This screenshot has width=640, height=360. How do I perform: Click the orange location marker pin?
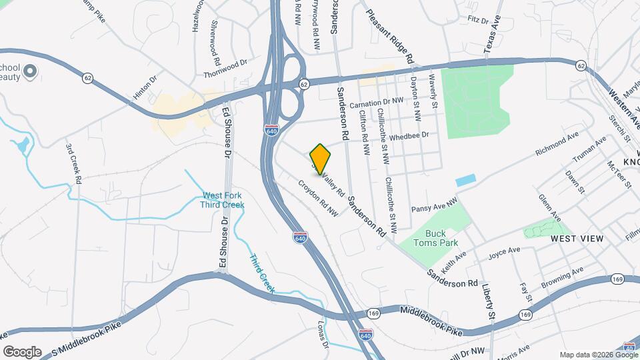pos(321,158)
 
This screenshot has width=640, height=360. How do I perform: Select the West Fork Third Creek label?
pos(223,200)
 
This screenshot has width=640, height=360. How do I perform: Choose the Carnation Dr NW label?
pos(377,102)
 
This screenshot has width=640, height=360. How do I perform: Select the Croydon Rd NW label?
pos(318,198)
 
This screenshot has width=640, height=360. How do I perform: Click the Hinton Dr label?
pos(145,87)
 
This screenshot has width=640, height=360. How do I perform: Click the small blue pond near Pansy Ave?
pos(467,181)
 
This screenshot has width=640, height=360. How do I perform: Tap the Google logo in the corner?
pos(22,351)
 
